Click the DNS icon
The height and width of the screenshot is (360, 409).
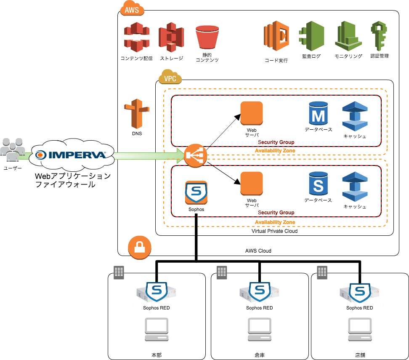point(137,114)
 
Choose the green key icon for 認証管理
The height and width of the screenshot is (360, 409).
point(379,37)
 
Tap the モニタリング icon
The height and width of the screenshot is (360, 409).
point(348,36)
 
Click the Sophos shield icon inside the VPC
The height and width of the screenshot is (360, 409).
point(196,193)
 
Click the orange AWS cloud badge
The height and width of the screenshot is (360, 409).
point(132,9)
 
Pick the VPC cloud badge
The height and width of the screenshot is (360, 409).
point(170,77)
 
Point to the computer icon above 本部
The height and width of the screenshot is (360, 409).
point(156,330)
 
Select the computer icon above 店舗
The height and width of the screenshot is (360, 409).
point(360,330)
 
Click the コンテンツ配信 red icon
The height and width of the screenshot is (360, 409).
point(137,37)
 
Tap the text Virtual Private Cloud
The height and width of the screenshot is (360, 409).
point(274,231)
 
